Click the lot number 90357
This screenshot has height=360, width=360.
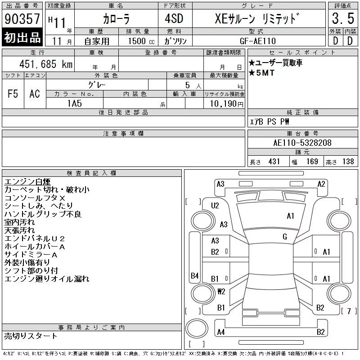pyautogui.click(x=22, y=18)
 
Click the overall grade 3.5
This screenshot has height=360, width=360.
pyautogui.click(x=343, y=18)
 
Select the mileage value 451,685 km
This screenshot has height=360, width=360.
pyautogui.click(x=46, y=64)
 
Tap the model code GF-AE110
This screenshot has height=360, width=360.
pyautogui.click(x=257, y=41)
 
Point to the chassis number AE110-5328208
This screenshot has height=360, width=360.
pyautogui.click(x=302, y=143)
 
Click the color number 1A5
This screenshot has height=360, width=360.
pyautogui.click(x=74, y=103)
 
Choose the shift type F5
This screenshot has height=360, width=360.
pyautogui.click(x=13, y=94)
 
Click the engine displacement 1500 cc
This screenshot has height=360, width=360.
pyautogui.click(x=141, y=41)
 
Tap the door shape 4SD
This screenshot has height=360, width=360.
pyautogui.click(x=174, y=18)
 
